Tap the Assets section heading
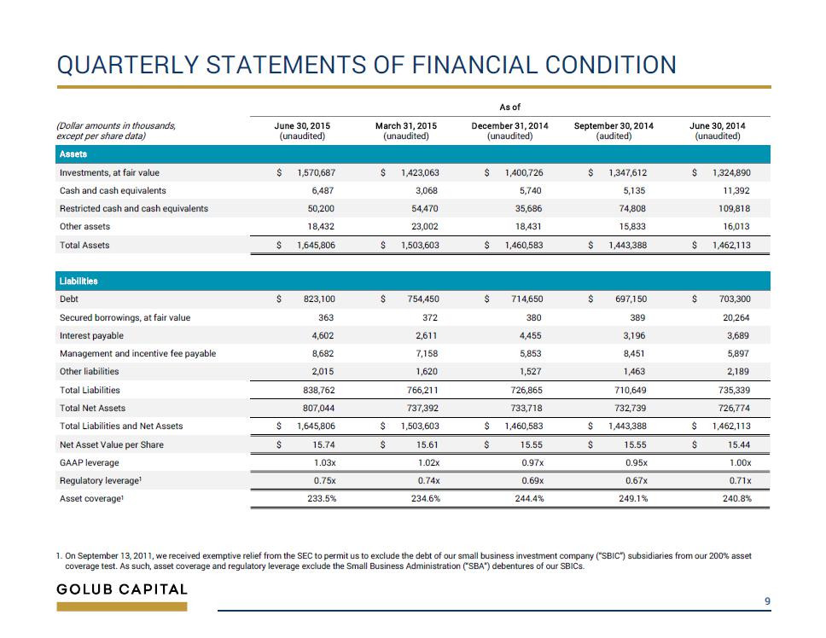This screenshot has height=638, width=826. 73,154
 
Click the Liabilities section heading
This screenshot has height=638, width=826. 79,281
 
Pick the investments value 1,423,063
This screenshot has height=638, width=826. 420,172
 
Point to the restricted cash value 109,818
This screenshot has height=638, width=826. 735,208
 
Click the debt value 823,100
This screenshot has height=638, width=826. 319,299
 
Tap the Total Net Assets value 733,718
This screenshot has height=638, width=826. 526,408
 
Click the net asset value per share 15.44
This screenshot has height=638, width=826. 739,445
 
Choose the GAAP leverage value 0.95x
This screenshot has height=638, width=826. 637,462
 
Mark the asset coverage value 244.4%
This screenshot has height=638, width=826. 529,498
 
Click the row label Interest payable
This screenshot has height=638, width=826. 91,336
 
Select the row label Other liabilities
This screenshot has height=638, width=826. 89,372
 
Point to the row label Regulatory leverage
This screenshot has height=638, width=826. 101,480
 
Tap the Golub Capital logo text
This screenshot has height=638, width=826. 122,589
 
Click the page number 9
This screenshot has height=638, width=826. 767,601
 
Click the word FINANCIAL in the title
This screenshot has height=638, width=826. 474,66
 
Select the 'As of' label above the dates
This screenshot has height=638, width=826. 509,107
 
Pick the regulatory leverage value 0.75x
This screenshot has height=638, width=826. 324,480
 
